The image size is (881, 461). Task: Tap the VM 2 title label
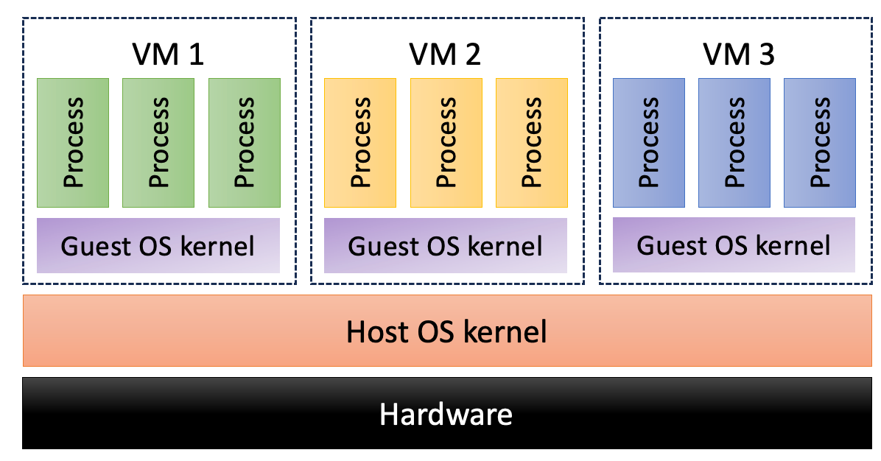click(x=444, y=54)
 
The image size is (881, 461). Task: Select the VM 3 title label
click(x=738, y=54)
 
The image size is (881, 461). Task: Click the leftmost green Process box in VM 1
click(x=73, y=142)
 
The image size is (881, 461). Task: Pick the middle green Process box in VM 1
click(x=158, y=142)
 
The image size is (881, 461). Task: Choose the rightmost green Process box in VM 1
click(x=245, y=142)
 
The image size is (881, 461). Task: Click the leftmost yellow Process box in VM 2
click(x=360, y=142)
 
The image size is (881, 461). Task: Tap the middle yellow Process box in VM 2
click(x=446, y=142)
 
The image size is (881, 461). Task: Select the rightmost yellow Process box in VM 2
click(x=532, y=142)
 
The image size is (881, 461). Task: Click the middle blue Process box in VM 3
click(x=734, y=142)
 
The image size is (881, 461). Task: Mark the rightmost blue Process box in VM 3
click(x=820, y=142)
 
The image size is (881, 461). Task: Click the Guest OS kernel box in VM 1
click(x=158, y=245)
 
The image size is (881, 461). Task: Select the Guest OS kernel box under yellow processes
click(x=446, y=245)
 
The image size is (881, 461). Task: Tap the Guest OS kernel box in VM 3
click(x=734, y=244)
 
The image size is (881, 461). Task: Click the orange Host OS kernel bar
click(x=446, y=331)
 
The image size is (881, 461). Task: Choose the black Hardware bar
click(x=446, y=413)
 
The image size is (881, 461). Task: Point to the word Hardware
click(x=446, y=414)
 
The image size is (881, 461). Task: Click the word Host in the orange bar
click(x=377, y=332)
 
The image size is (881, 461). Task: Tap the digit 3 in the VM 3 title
click(x=766, y=54)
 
